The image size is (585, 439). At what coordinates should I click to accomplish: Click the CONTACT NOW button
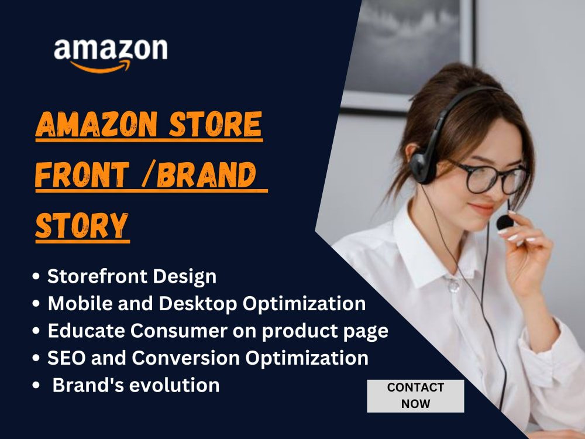(415, 396)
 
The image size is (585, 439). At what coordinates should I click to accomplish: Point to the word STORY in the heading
(82, 225)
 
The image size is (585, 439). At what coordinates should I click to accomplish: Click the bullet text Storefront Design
(132, 276)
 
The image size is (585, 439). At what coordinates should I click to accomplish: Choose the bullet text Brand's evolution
(136, 385)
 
